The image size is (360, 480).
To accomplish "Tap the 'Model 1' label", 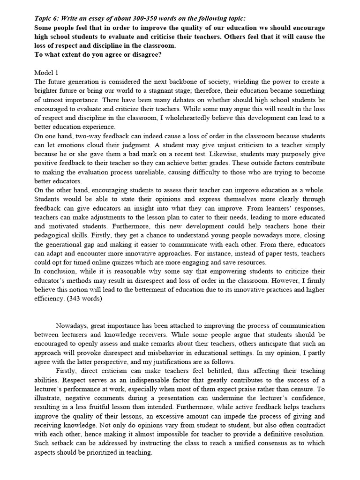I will [46, 73].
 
